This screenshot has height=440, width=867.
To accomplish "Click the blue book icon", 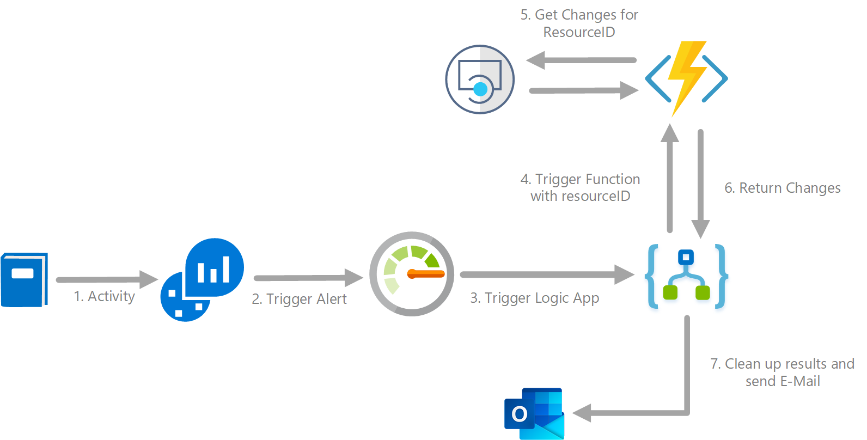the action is tap(25, 280).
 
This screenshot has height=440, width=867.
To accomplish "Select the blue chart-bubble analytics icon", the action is tap(202, 280).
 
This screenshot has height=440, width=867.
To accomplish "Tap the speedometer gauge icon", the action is tap(411, 274).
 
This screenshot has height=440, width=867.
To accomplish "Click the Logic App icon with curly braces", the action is tap(686, 276).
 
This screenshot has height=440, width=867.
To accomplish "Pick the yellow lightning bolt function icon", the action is tap(686, 78).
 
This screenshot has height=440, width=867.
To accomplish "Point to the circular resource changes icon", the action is tap(480, 80).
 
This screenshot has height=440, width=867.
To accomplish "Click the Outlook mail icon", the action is tap(534, 414).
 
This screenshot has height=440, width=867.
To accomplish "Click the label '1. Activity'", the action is tap(105, 296).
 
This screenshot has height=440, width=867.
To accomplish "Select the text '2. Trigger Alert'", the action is tap(299, 299).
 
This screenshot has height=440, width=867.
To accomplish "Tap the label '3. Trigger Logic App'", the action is tap(534, 298).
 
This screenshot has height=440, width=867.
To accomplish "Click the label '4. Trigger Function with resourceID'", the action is tap(580, 188).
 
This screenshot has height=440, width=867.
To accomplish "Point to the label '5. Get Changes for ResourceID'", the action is tap(579, 23).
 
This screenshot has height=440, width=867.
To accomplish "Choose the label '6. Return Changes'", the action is tap(782, 188).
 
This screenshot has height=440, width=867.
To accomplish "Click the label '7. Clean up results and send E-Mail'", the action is tap(782, 372).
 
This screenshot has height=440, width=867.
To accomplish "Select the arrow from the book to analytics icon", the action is tap(107, 279).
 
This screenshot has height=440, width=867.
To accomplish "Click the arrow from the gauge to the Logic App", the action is tap(547, 274).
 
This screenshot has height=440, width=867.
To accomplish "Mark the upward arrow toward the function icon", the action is tap(670, 178).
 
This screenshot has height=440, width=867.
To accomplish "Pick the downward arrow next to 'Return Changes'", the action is tap(700, 184).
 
